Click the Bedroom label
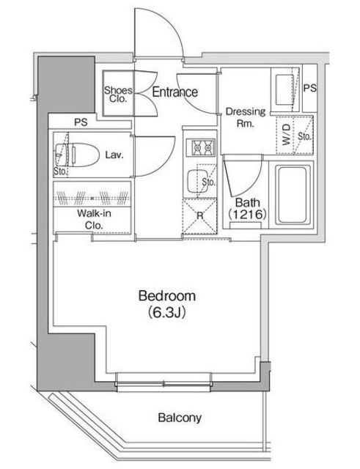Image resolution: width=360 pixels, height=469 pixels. (x=167, y=296)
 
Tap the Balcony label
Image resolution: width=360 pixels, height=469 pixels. (x=180, y=418)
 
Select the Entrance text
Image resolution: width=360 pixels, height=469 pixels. (x=175, y=92)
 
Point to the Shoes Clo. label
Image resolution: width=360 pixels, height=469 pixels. (x=118, y=95)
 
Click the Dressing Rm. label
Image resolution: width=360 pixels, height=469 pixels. (x=246, y=117)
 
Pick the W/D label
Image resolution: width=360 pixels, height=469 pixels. (x=286, y=135)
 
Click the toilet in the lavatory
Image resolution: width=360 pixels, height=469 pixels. (x=77, y=155)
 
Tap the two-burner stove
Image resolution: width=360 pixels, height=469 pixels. (x=200, y=147)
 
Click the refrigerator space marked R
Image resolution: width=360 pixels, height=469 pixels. (x=199, y=215)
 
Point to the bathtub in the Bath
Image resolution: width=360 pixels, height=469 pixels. (x=293, y=195)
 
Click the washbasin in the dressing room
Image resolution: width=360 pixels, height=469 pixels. (x=285, y=89)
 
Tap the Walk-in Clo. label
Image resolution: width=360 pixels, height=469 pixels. (x=94, y=219)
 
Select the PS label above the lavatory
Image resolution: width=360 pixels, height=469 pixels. (x=81, y=122)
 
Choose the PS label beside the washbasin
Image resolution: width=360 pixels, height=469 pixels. (x=310, y=88)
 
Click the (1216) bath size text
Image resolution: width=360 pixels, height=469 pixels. (x=247, y=215)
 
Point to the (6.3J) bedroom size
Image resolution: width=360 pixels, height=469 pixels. (x=167, y=313)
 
